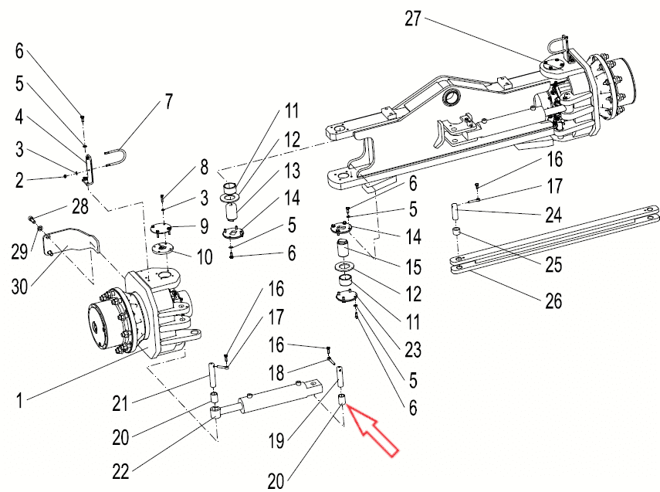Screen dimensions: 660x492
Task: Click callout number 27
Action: point(413,19)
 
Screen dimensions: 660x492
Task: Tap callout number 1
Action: point(19,400)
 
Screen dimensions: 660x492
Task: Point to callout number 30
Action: point(19,287)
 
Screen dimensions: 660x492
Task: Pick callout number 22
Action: point(120,472)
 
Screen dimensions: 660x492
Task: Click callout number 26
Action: point(553,300)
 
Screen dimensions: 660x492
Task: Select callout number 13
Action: point(292,171)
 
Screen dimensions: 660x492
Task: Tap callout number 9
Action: point(204,226)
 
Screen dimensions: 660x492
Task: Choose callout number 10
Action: point(205,256)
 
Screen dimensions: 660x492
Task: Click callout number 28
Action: point(80,206)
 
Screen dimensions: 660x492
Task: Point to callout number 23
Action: point(413,350)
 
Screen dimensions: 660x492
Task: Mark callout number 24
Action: point(554,215)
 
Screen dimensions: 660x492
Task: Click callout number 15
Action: point(413,266)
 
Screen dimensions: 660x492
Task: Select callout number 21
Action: point(120,403)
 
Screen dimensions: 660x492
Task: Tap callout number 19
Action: point(276,441)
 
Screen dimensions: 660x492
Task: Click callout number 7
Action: point(168,101)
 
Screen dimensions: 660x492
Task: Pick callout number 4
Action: point(19,117)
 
